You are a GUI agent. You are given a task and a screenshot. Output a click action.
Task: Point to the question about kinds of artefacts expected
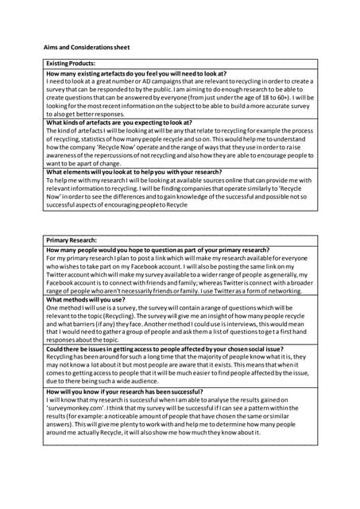click(119, 122)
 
